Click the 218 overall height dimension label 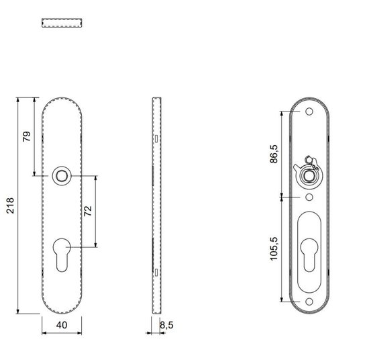pos(10,206)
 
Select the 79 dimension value pos(27,136)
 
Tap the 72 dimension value pos(88,211)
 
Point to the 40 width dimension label pos(62,325)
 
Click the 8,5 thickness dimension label pos(166,325)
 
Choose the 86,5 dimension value pos(274,154)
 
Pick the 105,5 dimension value pos(274,249)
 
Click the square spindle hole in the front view pos(62,176)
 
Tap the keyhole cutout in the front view pos(62,255)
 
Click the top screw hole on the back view pos(309,111)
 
